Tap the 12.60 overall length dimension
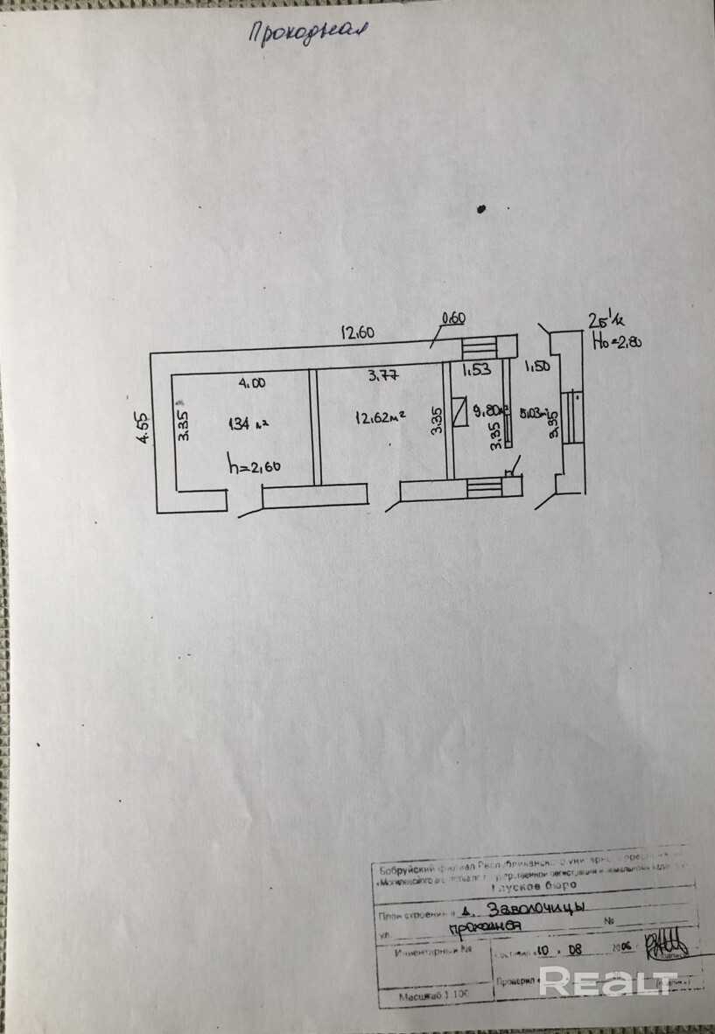pyautogui.click(x=358, y=332)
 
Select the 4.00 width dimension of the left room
pyautogui.click(x=252, y=382)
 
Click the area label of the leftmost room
pyautogui.click(x=246, y=424)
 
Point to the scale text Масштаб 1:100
pyautogui.click(x=435, y=996)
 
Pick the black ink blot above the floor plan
pyautogui.click(x=480, y=208)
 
